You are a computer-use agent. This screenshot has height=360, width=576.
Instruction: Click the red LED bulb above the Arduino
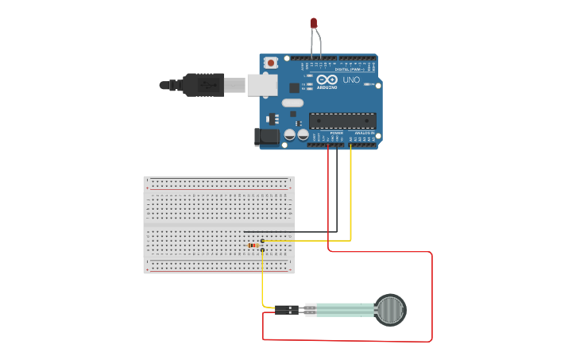314,23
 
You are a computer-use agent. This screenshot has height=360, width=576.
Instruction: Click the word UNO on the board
351,80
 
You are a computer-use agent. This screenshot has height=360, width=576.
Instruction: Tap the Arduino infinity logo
327,79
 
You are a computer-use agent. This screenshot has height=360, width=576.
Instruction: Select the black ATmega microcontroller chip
342,121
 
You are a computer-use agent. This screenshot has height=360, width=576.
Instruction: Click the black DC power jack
267,137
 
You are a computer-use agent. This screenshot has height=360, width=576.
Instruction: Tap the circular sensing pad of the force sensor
390,309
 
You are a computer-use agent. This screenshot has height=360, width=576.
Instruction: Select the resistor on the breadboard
254,246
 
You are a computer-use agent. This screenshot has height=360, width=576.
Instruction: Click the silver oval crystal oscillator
292,102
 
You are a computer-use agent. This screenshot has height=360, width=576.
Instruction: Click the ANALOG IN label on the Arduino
364,133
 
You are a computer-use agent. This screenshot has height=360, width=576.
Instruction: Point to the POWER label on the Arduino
336,133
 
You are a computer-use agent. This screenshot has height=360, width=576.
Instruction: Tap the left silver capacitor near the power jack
290,135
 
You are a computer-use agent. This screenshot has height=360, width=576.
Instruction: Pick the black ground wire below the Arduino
336,191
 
